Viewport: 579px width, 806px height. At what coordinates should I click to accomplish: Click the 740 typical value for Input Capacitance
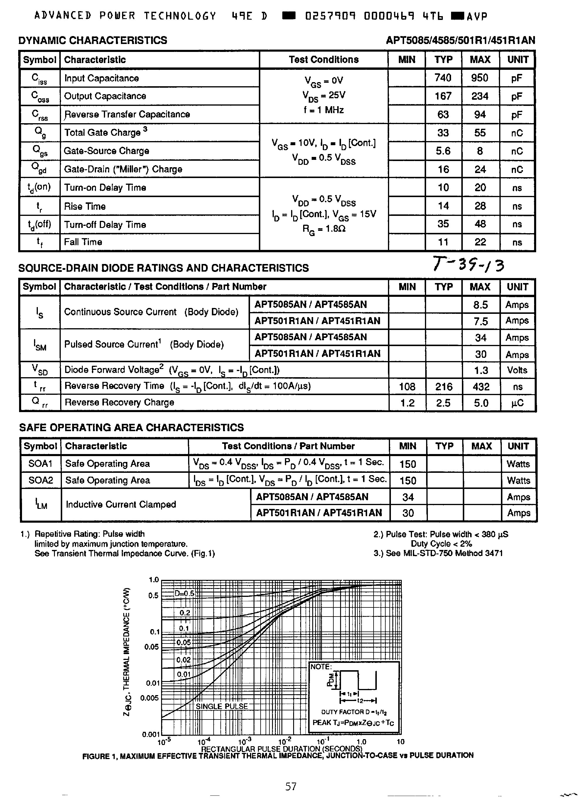click(x=443, y=78)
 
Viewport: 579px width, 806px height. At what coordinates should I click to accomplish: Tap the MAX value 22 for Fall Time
click(x=480, y=242)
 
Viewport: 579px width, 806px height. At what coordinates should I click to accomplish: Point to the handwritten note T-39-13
click(x=468, y=264)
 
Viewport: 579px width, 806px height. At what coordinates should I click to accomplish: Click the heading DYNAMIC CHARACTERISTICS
click(x=92, y=40)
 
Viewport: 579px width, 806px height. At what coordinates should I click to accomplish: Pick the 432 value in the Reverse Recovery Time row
click(x=480, y=387)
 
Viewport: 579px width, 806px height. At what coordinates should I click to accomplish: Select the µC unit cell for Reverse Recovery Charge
click(x=517, y=403)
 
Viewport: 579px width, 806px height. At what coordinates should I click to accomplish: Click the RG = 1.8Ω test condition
click(x=324, y=229)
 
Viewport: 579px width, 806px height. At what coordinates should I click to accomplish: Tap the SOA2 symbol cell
click(x=40, y=480)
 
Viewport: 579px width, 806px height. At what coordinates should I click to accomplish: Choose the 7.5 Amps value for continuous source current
click(x=480, y=321)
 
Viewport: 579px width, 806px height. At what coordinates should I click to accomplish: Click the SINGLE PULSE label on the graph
click(x=222, y=706)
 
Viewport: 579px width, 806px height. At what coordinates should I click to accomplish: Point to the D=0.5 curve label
click(x=184, y=593)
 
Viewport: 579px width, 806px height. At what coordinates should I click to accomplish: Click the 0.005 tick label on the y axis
click(x=149, y=697)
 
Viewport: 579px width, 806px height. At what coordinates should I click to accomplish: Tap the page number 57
click(x=291, y=786)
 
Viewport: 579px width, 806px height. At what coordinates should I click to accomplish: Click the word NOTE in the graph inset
click(x=320, y=667)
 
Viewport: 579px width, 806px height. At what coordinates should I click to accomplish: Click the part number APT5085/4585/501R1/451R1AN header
click(x=460, y=40)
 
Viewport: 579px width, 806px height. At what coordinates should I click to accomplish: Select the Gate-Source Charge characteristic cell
click(x=106, y=151)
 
